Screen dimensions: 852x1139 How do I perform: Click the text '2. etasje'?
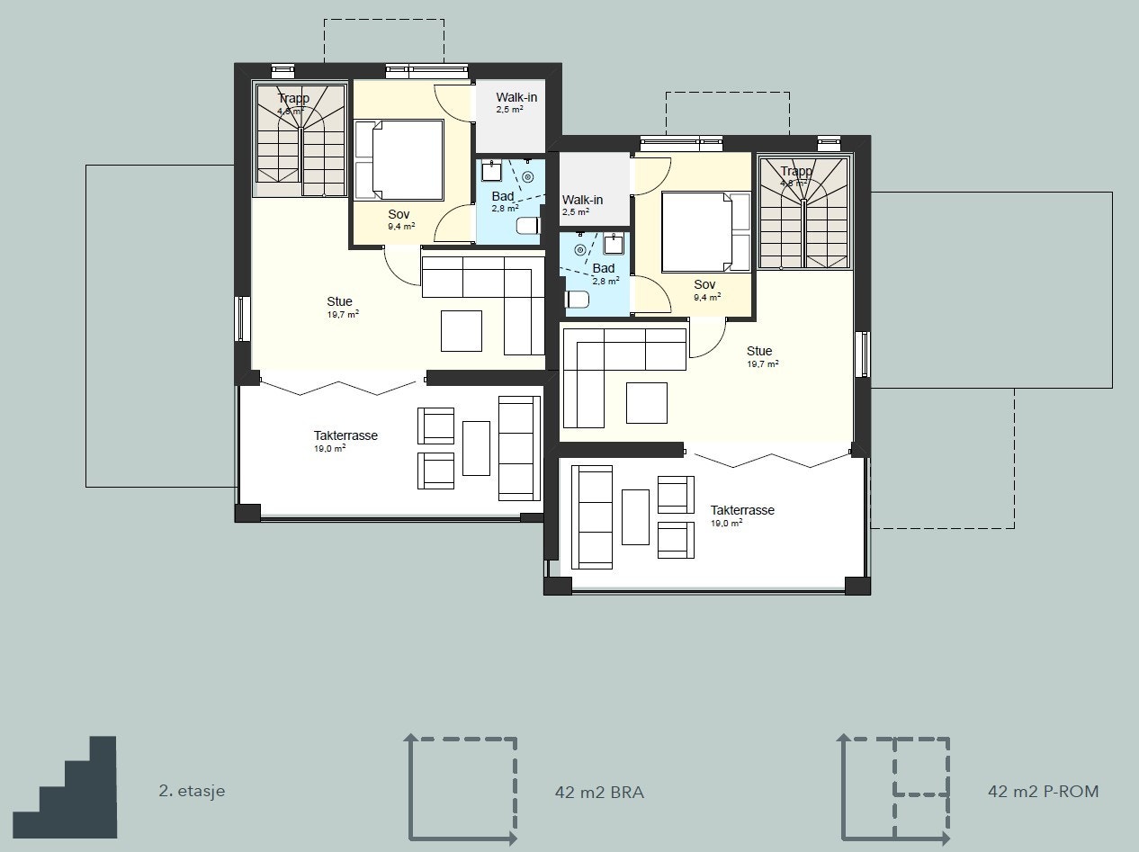point(192,792)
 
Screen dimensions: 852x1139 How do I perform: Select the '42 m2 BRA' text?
point(599,793)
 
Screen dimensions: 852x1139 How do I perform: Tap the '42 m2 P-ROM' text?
point(1043,792)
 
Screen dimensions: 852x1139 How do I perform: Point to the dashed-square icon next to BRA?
point(461,789)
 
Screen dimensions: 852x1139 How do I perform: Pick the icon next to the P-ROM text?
point(894,789)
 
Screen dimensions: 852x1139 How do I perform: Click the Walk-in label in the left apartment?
point(516,96)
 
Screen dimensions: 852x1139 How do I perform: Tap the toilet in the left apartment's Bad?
point(528,226)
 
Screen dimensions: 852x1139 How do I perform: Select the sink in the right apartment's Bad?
point(615,244)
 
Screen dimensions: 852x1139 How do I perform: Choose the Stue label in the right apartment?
point(759,351)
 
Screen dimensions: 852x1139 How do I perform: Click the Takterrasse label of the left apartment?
point(345,435)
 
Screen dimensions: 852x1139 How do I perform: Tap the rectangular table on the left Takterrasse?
point(476,448)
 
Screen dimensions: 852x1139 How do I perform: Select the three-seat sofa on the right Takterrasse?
point(592,517)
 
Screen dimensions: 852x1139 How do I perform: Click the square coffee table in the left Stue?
point(462,330)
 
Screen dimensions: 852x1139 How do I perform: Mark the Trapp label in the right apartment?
point(796,171)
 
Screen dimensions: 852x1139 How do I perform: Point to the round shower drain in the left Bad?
point(527,177)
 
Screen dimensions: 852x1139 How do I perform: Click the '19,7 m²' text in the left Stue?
point(343,315)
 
